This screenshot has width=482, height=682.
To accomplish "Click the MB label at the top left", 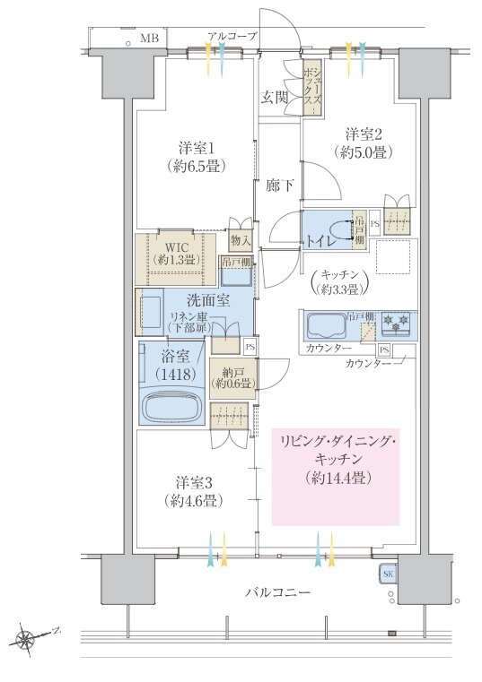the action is [x=149, y=39].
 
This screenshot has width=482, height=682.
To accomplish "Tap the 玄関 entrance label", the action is [x=274, y=98].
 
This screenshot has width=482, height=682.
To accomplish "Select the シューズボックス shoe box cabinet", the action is [x=313, y=88].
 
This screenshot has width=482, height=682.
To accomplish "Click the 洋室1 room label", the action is [x=196, y=148].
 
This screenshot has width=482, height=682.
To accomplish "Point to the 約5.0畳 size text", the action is [x=364, y=151].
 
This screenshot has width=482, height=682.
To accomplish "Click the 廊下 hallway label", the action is [x=279, y=186].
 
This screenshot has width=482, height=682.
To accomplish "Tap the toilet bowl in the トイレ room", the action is [x=340, y=229].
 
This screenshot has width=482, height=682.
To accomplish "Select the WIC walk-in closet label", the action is [x=177, y=247].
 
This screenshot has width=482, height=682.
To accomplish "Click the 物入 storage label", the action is [x=241, y=240].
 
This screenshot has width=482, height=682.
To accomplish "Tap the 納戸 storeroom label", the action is [x=232, y=372].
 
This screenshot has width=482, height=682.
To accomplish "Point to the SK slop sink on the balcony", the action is [x=388, y=574].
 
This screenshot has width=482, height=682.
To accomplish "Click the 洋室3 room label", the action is [x=194, y=483].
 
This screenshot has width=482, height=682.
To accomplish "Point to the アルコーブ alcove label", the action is [x=232, y=37].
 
